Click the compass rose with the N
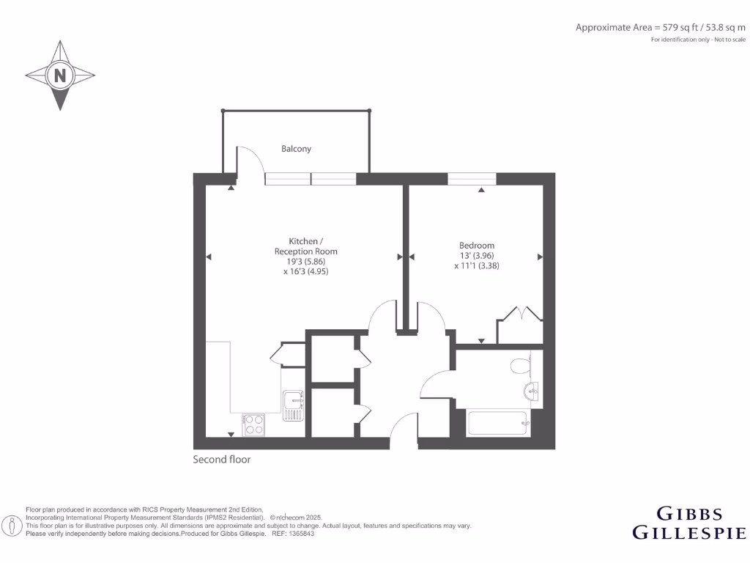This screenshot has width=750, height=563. tap(60, 76)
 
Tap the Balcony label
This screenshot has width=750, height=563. tap(297, 149)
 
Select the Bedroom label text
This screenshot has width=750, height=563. tap(477, 246)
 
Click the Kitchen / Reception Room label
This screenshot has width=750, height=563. tap(302, 246)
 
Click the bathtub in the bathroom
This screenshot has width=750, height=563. tap(498, 424)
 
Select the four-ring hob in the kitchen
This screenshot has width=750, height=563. tap(254, 424)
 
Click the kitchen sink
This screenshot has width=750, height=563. tap(293, 405)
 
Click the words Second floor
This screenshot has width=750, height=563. tap(222, 460)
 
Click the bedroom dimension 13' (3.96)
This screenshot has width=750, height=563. tap(477, 256)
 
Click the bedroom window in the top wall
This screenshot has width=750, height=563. tap(472, 178)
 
